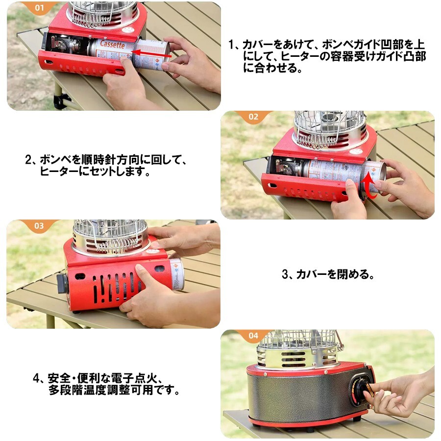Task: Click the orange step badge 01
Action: tap(39, 7)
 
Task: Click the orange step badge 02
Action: tap(253, 117)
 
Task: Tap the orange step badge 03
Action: tap(39, 225)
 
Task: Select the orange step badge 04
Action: tap(253, 335)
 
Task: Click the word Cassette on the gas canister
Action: tap(112, 45)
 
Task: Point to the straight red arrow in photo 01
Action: tap(151, 53)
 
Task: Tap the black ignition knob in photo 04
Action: tap(364, 390)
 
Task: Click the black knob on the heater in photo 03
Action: tap(62, 283)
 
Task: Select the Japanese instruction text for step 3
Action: tap(328, 274)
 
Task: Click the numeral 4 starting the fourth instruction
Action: tap(36, 378)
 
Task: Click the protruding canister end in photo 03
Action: tap(176, 274)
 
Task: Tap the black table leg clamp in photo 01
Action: tap(60, 101)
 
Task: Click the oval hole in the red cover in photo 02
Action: tap(272, 186)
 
